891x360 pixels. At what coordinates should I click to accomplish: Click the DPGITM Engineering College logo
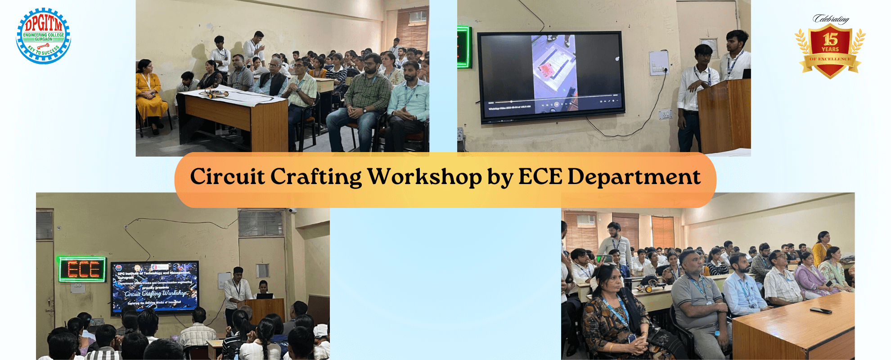(x=43, y=35)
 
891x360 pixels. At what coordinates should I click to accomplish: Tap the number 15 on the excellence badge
(x=830, y=40)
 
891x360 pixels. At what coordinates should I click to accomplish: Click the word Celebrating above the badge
(x=831, y=19)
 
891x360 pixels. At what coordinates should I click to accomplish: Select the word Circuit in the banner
(x=227, y=176)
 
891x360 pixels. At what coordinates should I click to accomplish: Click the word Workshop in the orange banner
(x=425, y=176)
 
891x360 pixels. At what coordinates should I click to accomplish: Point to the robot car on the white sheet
(x=216, y=94)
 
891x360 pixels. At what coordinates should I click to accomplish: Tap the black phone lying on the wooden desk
(x=821, y=310)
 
